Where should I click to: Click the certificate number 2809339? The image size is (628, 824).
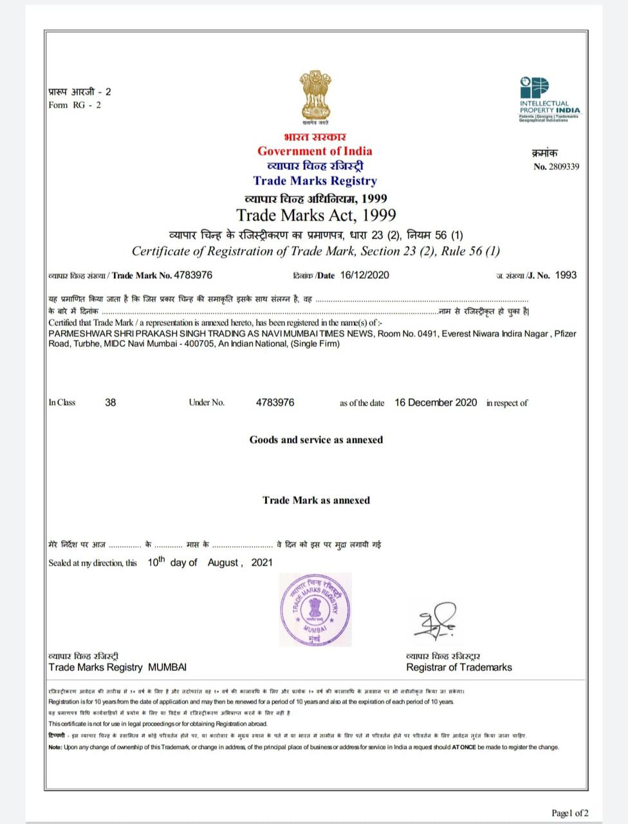(564, 167)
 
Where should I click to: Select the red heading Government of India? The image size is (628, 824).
(315, 151)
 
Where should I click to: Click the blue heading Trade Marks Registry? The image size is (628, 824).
(315, 181)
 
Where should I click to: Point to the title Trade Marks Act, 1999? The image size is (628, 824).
(316, 215)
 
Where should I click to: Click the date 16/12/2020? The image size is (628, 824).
(364, 276)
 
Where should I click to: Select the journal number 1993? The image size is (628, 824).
(566, 276)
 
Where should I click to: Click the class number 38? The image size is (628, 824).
(111, 402)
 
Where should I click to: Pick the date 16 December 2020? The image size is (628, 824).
(436, 402)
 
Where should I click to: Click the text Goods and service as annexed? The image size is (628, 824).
(316, 440)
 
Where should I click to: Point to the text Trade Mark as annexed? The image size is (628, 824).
(316, 500)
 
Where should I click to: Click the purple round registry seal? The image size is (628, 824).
(315, 609)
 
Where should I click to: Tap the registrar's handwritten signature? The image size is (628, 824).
(435, 621)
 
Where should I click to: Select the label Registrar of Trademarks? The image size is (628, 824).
(459, 668)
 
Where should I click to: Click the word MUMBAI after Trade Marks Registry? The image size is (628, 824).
(167, 668)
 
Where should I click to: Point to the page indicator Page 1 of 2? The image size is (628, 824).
(569, 813)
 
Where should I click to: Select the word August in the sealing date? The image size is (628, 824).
(223, 563)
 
